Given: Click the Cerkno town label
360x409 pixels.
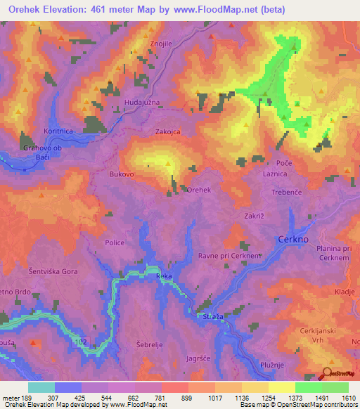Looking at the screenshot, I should pos(294,238).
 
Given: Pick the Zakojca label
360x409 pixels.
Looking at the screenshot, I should pos(169,131).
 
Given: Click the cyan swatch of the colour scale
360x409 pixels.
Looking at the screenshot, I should pos(41,387).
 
